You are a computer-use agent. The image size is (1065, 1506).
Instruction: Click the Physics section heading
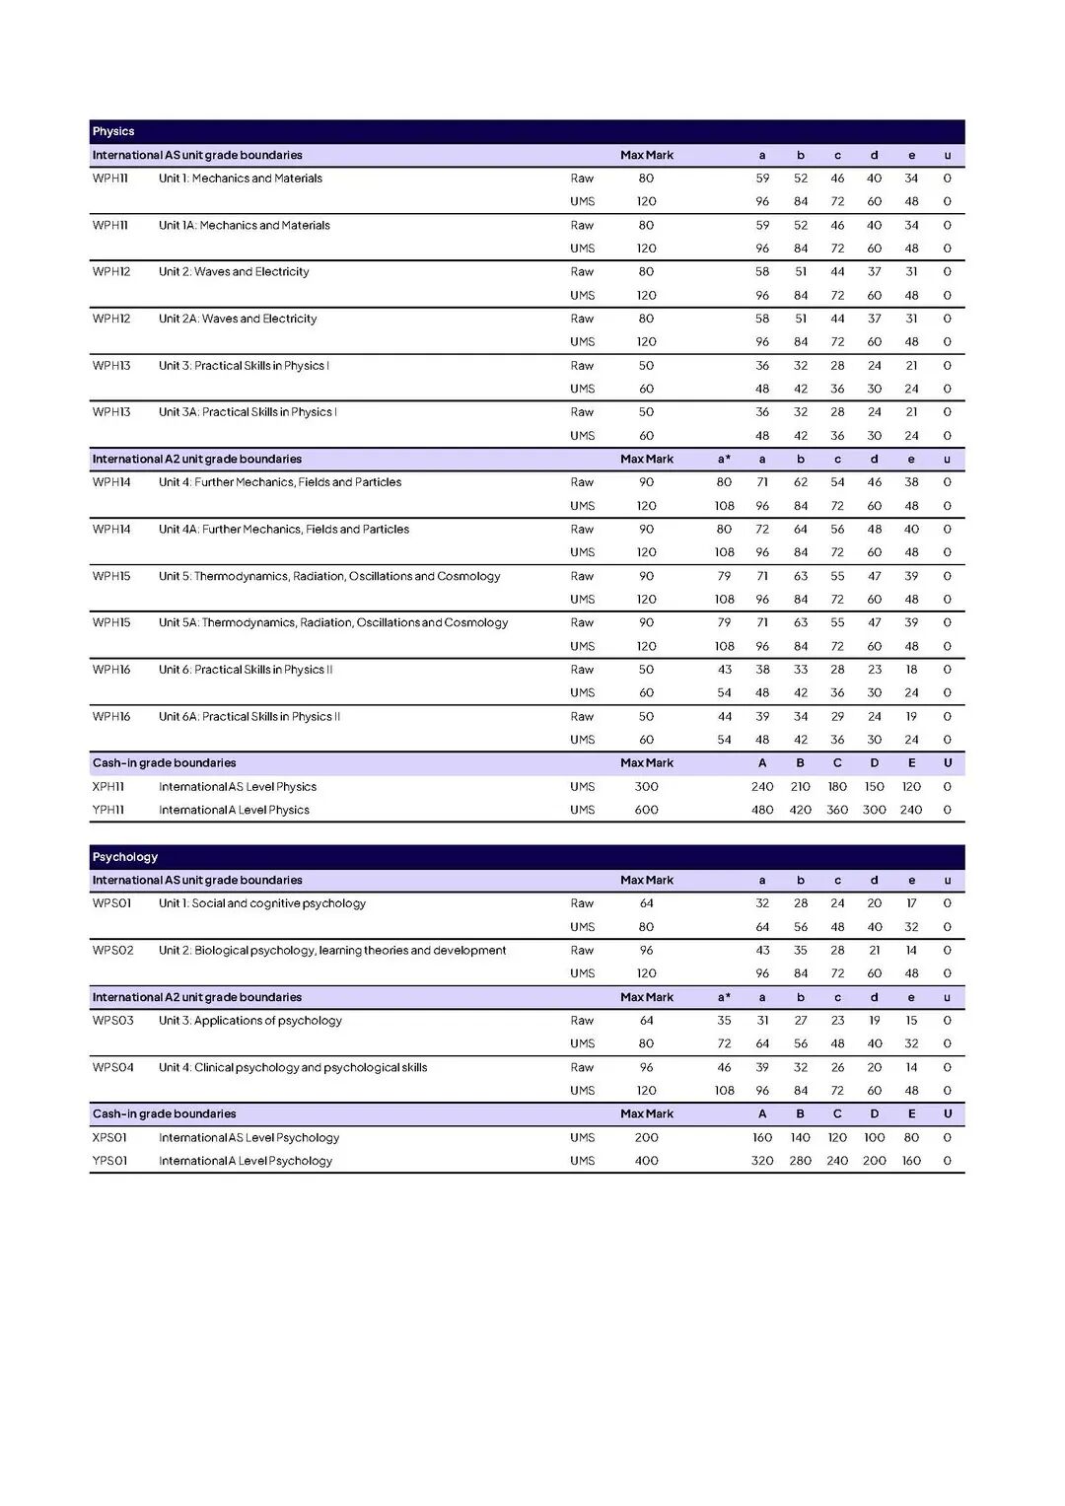pyautogui.click(x=113, y=131)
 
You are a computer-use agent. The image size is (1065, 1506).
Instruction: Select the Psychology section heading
pyautogui.click(x=125, y=857)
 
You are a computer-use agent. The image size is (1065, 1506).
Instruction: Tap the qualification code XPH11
pyautogui.click(x=108, y=787)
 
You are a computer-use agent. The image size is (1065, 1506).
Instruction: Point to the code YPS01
pyautogui.click(x=110, y=1161)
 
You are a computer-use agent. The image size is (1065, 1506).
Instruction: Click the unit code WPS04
pyautogui.click(x=112, y=1067)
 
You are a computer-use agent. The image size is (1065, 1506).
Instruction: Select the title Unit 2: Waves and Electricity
pyautogui.click(x=234, y=272)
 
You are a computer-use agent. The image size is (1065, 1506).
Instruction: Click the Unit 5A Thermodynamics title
pyautogui.click(x=333, y=622)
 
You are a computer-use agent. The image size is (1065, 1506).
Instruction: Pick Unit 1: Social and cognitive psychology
pyautogui.click(x=262, y=903)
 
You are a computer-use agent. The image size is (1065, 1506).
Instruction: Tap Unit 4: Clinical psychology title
pyautogui.click(x=293, y=1067)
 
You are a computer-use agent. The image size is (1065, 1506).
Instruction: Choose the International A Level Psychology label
pyautogui.click(x=246, y=1161)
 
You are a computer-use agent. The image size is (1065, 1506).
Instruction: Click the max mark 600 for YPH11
pyautogui.click(x=646, y=810)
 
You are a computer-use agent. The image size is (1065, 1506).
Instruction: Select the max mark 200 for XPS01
pyautogui.click(x=646, y=1137)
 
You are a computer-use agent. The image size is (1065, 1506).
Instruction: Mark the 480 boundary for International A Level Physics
pyautogui.click(x=762, y=810)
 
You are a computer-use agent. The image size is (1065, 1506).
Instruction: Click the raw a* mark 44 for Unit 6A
pyautogui.click(x=725, y=717)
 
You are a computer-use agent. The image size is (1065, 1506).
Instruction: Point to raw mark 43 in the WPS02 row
pyautogui.click(x=762, y=951)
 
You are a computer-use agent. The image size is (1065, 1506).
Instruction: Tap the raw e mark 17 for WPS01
pyautogui.click(x=911, y=903)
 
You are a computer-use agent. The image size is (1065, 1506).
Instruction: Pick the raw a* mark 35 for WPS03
pyautogui.click(x=725, y=1021)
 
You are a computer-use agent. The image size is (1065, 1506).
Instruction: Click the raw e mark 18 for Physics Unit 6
pyautogui.click(x=911, y=670)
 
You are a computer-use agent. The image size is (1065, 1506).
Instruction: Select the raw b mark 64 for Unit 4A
pyautogui.click(x=801, y=530)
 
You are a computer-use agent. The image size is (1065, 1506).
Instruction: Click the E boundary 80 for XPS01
pyautogui.click(x=911, y=1137)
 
